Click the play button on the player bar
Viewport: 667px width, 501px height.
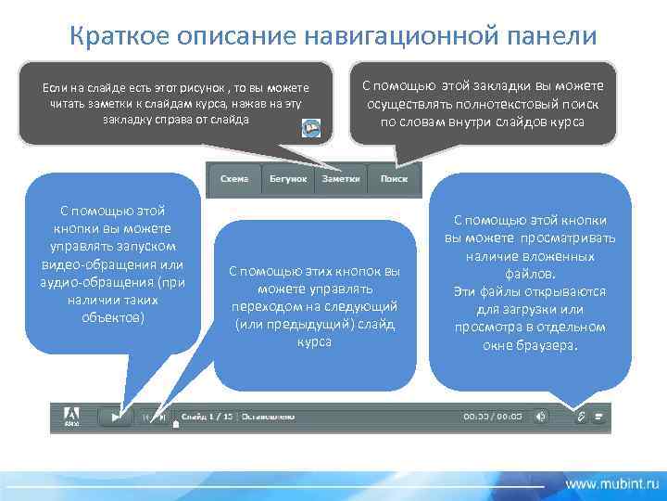point(116,417)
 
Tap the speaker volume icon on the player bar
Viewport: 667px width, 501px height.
point(541,417)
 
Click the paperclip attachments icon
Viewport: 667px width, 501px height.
point(581,417)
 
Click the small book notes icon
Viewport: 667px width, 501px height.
point(312,127)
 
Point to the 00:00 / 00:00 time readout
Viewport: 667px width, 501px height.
point(493,417)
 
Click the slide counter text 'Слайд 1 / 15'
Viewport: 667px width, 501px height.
point(208,417)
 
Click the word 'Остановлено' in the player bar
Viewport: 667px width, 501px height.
point(268,417)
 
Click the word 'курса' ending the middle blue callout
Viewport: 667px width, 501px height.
point(314,340)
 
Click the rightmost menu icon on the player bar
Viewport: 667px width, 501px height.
point(599,417)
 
